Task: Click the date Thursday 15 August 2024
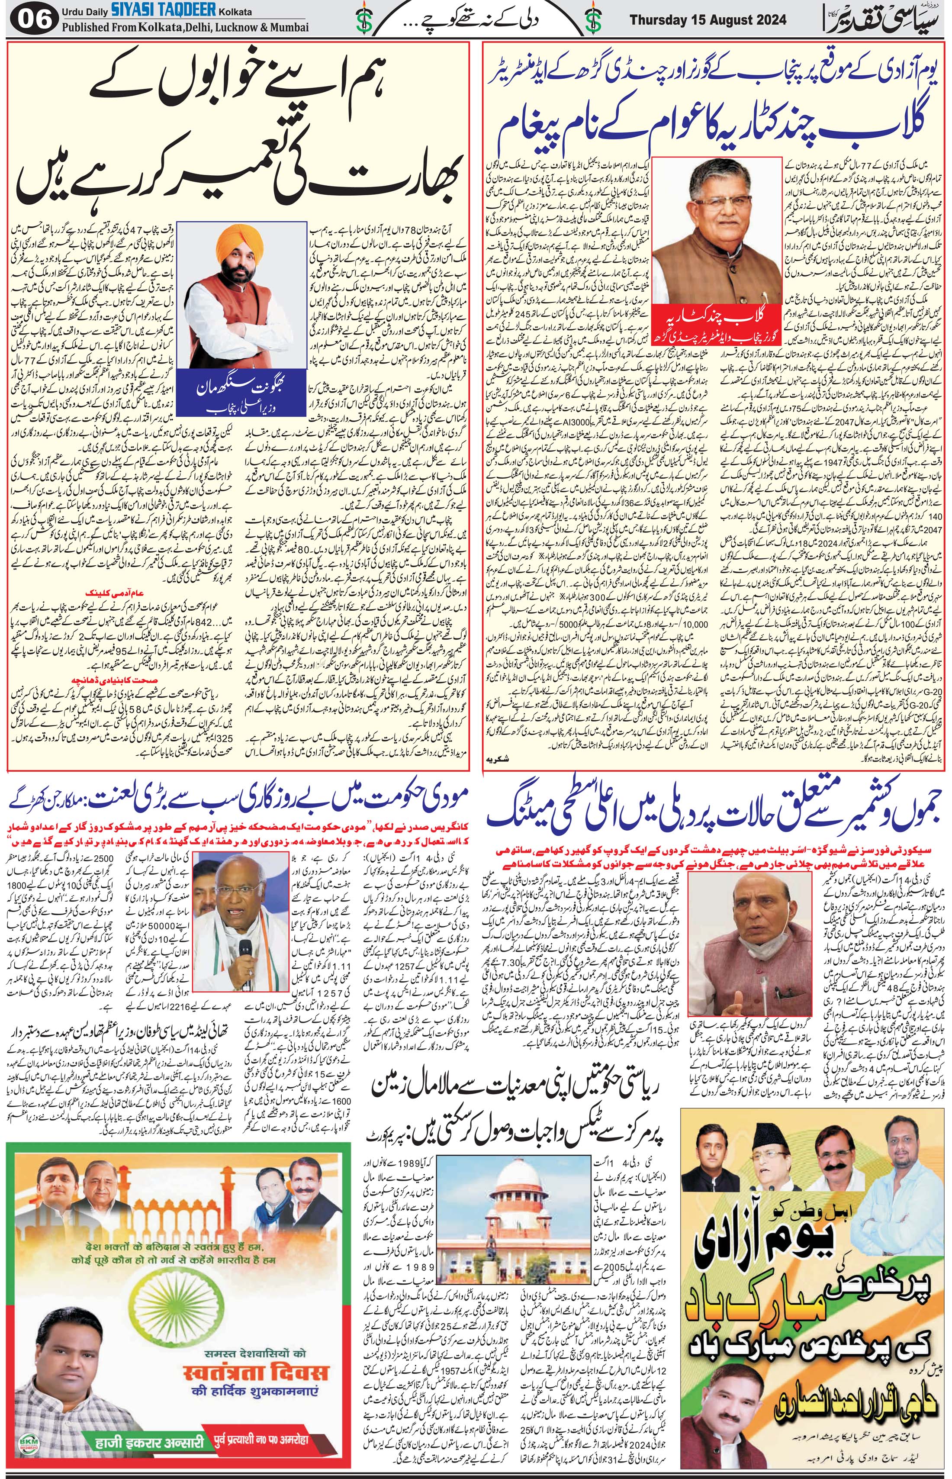pyautogui.click(x=708, y=20)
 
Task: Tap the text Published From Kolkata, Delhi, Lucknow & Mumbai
pyautogui.click(x=184, y=28)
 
